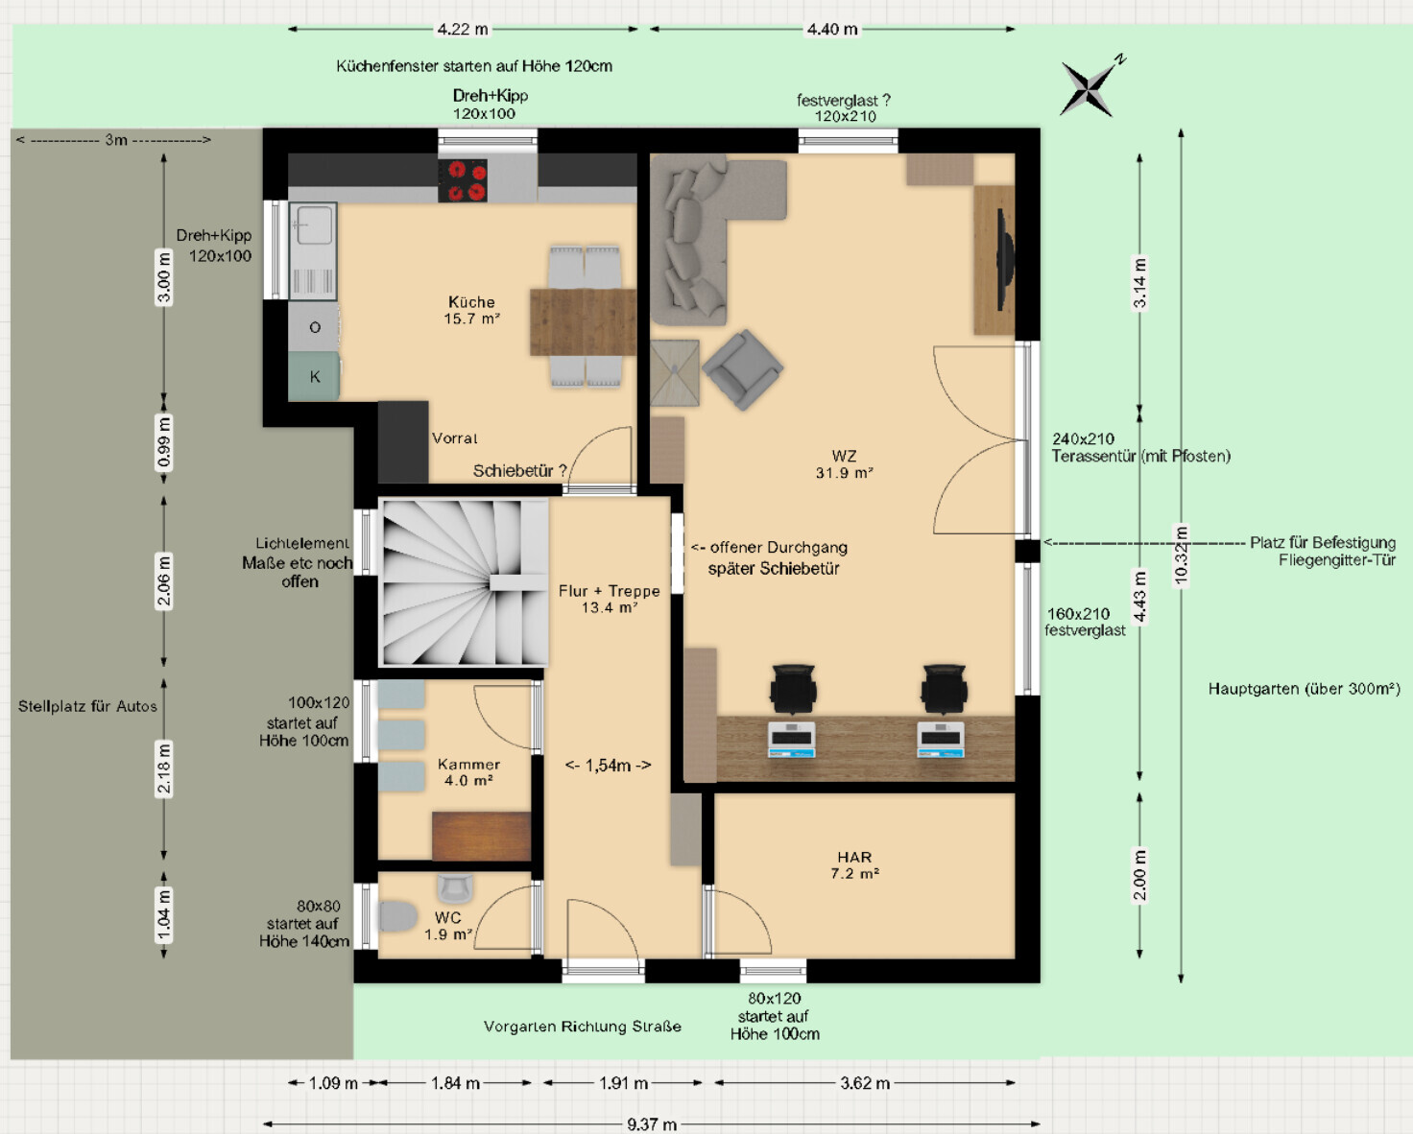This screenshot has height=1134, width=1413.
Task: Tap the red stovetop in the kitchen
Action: (x=463, y=179)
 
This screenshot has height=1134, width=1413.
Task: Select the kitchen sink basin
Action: (x=314, y=225)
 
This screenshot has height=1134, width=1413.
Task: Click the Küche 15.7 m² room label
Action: (x=471, y=311)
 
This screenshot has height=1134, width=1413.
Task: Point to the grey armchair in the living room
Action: (x=743, y=370)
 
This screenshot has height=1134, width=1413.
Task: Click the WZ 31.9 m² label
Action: (x=844, y=464)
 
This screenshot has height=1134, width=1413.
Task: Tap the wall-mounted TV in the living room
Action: (x=1005, y=260)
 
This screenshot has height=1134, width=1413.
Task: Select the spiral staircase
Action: (x=465, y=582)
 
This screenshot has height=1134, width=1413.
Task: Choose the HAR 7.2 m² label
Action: (x=854, y=865)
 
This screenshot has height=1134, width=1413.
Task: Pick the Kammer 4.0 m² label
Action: (x=468, y=772)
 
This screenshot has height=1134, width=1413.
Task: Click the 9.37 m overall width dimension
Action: (x=652, y=1124)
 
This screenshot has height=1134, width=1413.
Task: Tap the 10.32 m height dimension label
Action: (x=1182, y=555)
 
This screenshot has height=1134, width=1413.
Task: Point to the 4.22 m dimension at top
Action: (x=463, y=30)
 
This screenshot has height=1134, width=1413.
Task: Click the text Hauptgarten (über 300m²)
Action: (x=1304, y=689)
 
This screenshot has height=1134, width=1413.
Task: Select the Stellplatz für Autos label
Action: (x=87, y=707)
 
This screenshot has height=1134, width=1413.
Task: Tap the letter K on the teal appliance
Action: (x=315, y=377)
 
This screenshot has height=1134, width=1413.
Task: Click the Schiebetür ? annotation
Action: (x=519, y=471)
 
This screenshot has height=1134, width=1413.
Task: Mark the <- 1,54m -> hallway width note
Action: (x=608, y=766)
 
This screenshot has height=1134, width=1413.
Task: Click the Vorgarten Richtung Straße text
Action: (x=583, y=1027)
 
